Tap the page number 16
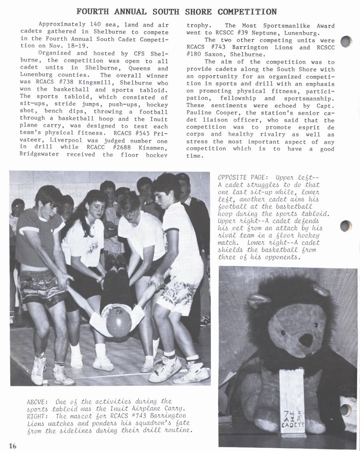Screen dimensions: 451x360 click(x=12, y=445)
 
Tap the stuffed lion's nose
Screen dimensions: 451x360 click(x=306, y=340)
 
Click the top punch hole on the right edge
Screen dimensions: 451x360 click(x=346, y=42)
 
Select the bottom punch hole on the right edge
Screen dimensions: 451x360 click(x=346, y=410)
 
